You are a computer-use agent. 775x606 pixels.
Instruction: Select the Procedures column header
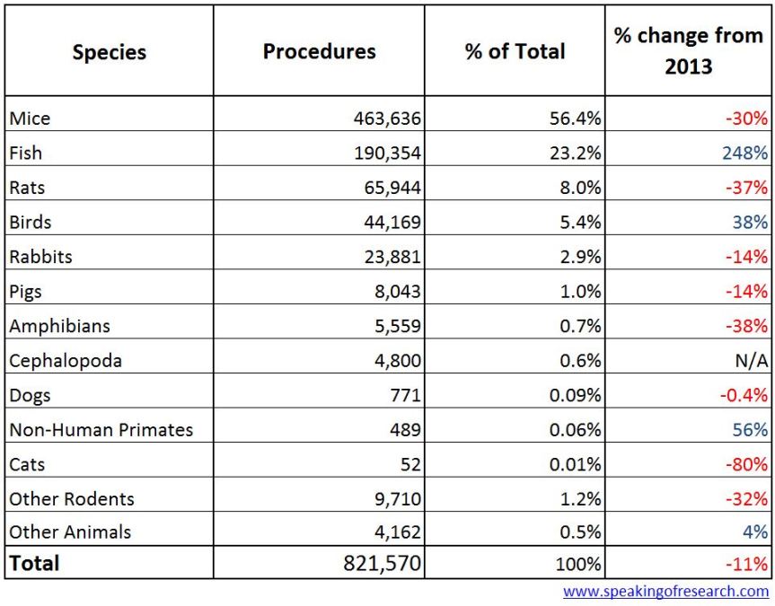pos(319,51)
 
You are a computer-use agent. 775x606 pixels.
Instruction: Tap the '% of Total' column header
pos(515,51)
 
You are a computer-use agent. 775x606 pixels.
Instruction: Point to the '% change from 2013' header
pos(688,51)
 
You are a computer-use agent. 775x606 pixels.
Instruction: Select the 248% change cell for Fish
pos(744,153)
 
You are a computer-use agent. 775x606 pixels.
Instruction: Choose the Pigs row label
pos(25,291)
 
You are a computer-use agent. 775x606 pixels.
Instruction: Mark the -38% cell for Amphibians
pos(747,326)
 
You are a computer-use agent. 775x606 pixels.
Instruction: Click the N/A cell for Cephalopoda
pos(751,360)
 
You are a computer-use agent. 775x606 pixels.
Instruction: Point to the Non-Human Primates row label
pos(101,429)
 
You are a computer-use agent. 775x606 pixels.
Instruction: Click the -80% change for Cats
pos(747,464)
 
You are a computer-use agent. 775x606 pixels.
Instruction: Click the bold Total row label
pos(34,563)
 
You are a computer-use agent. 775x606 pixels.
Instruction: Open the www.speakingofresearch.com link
pos(665,592)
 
